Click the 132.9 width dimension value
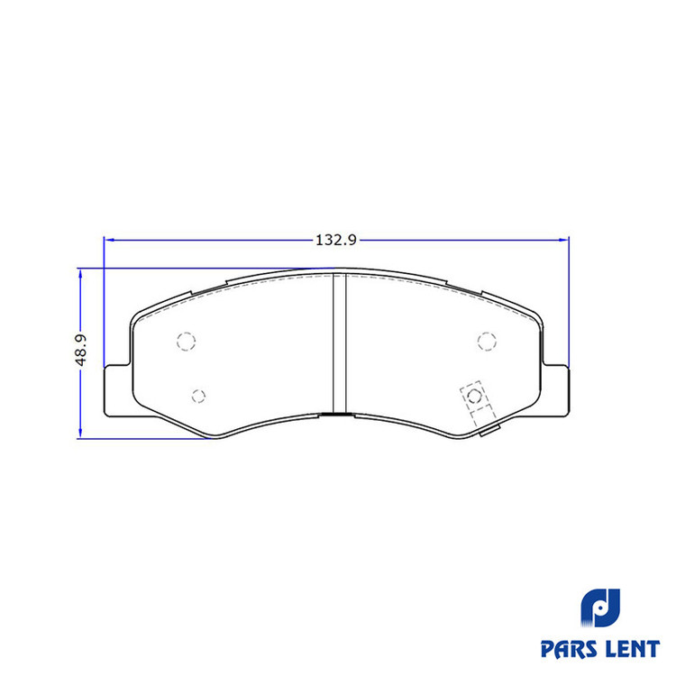click(336, 240)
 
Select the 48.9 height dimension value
click(80, 350)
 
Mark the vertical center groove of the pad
click(339, 343)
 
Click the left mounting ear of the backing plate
click(117, 390)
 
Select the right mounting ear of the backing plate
click(556, 390)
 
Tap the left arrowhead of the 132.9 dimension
click(109, 240)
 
